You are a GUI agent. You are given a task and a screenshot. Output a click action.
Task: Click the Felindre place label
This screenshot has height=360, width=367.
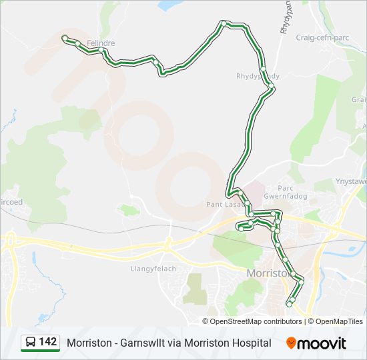point(101,43)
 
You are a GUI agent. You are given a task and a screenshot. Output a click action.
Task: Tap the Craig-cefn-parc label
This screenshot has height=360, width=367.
point(323,37)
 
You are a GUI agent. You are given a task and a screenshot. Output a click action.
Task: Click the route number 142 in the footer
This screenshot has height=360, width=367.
point(48,342)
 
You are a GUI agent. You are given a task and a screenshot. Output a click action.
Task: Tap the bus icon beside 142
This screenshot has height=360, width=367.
point(31,343)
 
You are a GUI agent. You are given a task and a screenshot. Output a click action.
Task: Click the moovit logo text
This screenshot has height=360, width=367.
point(323,343)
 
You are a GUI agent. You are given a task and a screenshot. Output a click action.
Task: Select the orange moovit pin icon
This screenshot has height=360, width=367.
point(292,343)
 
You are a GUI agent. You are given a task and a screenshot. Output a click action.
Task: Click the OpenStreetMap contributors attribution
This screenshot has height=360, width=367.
point(256,321)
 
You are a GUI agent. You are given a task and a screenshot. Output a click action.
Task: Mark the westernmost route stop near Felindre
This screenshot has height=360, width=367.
point(64,38)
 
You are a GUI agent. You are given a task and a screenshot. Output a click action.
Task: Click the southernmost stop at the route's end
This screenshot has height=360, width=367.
point(289,304)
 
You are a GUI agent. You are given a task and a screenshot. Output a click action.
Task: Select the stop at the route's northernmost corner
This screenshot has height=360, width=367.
point(224,23)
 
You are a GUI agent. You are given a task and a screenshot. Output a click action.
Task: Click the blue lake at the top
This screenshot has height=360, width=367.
point(171,5)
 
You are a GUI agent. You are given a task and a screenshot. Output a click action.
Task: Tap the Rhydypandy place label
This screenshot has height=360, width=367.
point(258,76)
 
